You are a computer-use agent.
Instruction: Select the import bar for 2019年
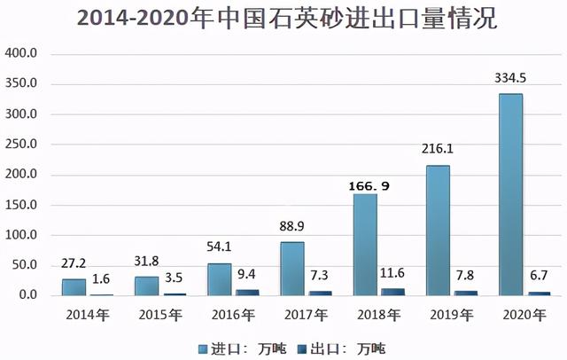(437, 230)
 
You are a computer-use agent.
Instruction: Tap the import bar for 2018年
(365, 244)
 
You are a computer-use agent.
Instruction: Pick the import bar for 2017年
(292, 268)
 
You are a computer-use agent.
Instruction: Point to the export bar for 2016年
(247, 292)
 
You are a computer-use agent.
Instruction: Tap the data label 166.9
(365, 187)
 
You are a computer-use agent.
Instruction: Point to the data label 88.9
(292, 227)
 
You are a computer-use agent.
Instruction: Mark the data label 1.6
(102, 279)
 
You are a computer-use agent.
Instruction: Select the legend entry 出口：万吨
(343, 348)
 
